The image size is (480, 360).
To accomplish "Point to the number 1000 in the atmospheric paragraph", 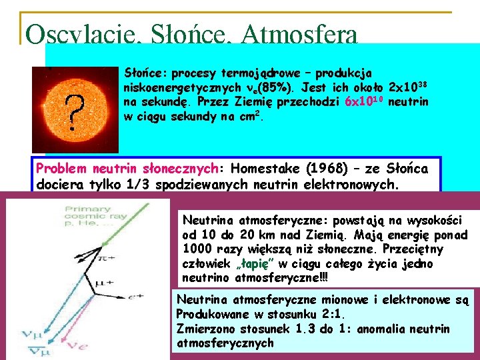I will [x=197, y=249].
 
